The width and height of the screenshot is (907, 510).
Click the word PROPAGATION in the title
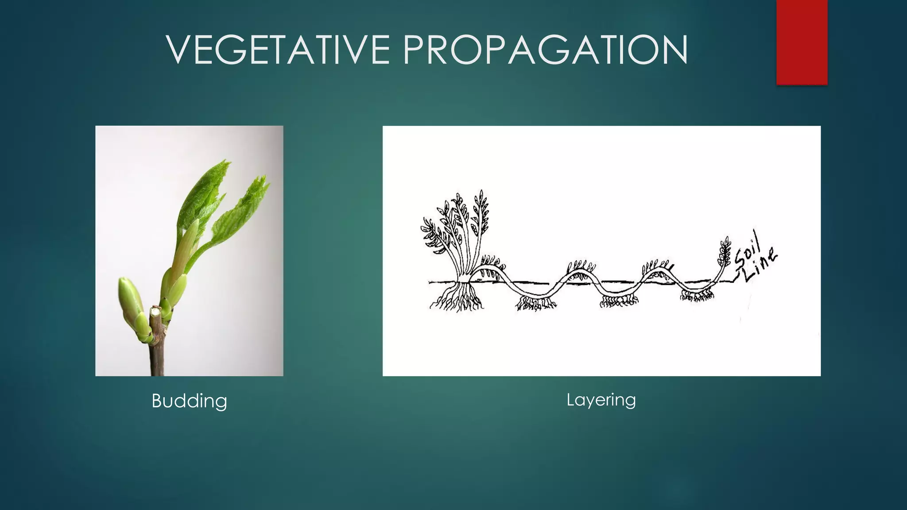coord(545,50)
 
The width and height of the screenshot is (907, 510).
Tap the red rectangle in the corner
coord(802,42)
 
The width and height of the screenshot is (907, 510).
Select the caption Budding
coord(189,401)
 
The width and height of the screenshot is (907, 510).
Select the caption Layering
coord(601,400)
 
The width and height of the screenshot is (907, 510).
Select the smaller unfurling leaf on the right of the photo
coord(241,208)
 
